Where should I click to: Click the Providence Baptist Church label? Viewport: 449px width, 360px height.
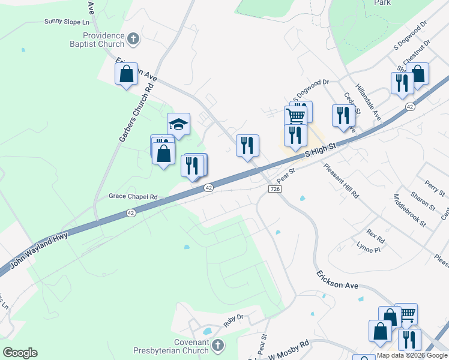click(103, 40)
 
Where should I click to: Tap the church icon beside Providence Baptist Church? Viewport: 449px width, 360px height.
click(133, 40)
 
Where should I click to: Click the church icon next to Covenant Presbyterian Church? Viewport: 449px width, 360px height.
click(217, 345)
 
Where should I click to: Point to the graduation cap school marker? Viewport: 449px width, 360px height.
click(178, 124)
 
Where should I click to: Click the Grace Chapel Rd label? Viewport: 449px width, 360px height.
click(133, 196)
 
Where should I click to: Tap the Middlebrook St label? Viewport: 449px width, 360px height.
click(409, 210)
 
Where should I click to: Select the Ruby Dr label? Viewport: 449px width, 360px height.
click(233, 317)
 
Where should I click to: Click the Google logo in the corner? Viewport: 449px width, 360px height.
click(20, 353)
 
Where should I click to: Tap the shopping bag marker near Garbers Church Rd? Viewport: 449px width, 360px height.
click(127, 74)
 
